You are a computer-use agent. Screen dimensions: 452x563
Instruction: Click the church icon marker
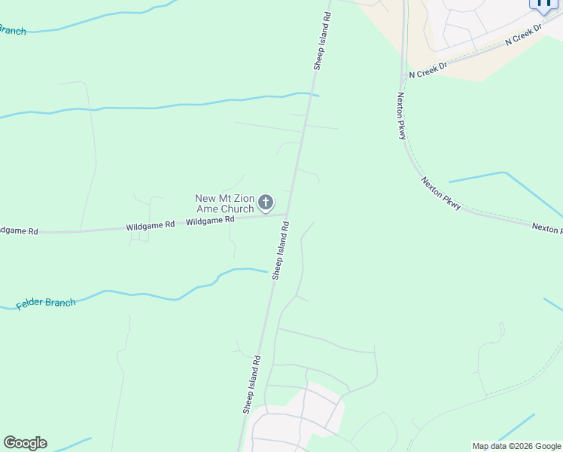265,202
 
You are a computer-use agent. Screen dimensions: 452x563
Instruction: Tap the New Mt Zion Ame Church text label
224,203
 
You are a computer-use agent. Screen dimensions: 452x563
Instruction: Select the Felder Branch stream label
46,304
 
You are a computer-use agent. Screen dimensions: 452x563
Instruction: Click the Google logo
25,443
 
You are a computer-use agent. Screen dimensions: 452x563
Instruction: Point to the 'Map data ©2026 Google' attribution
516,446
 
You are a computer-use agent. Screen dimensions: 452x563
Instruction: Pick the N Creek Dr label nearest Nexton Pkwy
428,71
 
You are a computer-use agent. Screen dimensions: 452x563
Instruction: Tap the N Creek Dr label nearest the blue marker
524,35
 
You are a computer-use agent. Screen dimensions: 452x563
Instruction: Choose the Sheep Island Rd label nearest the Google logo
251,384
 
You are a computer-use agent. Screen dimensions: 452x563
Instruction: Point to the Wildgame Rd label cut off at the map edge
18,231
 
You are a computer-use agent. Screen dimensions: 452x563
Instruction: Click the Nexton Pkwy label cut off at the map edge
546,227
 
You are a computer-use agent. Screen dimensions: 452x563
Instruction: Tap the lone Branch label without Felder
12,31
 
